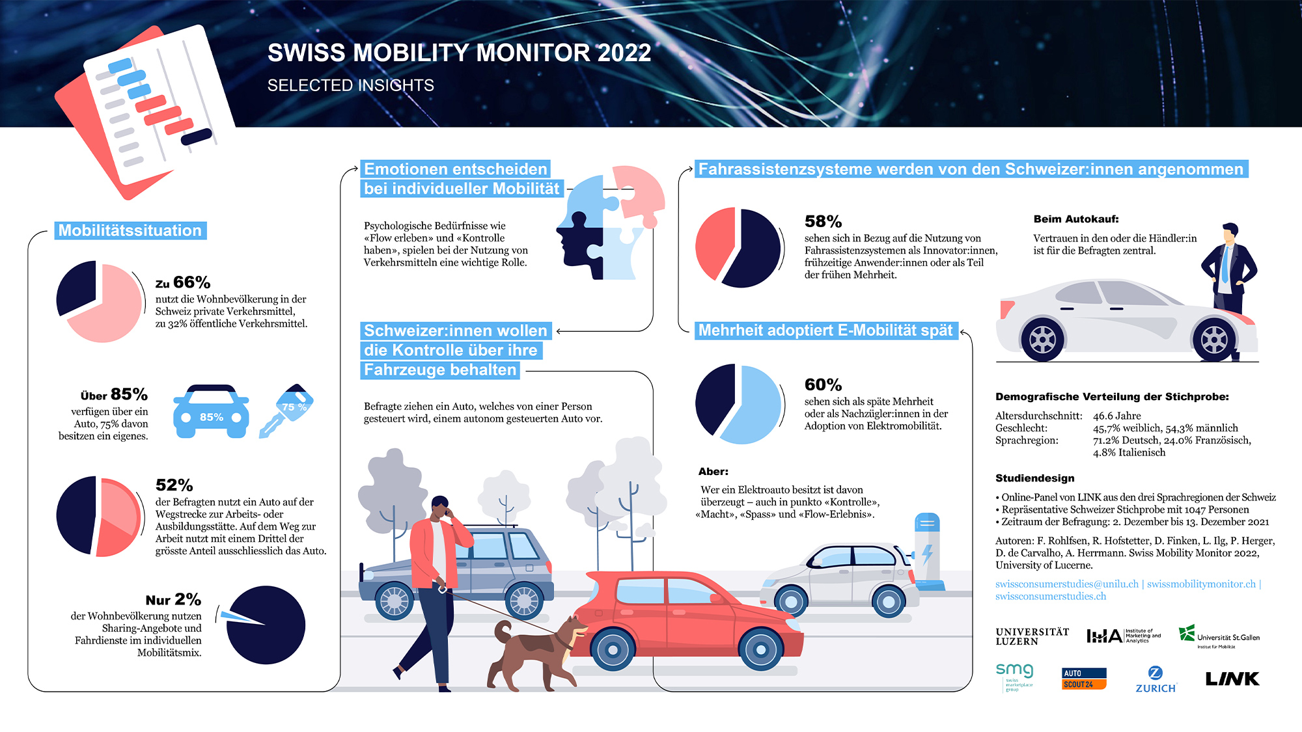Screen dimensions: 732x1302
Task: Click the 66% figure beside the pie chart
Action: coord(191,282)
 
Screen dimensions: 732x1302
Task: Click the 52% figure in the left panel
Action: coord(174,485)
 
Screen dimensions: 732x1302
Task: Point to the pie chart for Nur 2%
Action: coord(266,625)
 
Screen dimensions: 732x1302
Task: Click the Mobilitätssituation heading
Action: coord(130,230)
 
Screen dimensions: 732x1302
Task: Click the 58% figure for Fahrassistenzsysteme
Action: coord(823,222)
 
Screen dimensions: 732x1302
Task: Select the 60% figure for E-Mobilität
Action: coord(823,385)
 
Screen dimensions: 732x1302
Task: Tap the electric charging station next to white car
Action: coord(927,550)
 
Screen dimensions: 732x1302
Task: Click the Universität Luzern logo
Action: coord(1032,636)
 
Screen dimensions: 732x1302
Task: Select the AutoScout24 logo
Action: coord(1084,679)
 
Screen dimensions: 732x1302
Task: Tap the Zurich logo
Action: coord(1156,679)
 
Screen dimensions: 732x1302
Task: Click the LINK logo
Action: coord(1232,679)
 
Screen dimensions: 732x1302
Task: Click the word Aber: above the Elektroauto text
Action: coord(713,472)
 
